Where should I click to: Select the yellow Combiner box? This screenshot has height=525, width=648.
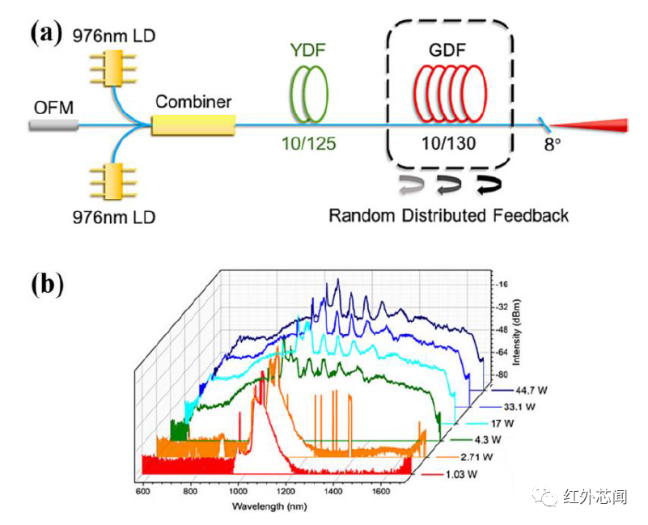(x=193, y=125)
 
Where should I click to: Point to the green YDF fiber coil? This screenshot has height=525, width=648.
(x=311, y=94)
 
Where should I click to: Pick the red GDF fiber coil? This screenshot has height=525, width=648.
(x=448, y=94)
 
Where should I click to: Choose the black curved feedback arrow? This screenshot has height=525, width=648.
(x=487, y=184)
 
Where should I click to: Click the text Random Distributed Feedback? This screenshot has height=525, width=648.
(x=448, y=215)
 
